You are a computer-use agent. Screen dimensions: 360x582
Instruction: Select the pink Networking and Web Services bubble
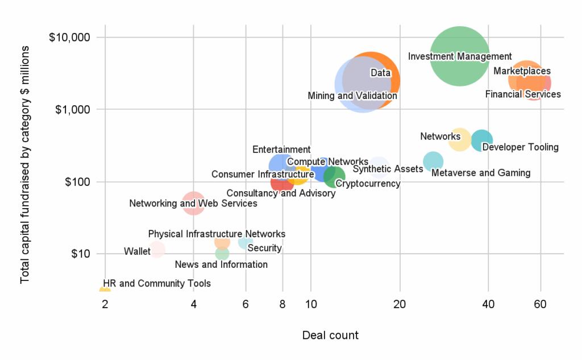pos(194,203)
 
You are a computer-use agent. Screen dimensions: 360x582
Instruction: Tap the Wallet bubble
pos(157,249)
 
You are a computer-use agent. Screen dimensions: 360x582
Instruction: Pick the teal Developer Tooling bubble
pos(482,140)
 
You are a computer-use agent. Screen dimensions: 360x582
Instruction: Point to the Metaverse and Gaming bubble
pos(433,162)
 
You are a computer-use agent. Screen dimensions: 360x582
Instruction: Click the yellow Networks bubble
pos(460,139)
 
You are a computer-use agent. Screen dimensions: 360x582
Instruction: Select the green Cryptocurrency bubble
pos(334,177)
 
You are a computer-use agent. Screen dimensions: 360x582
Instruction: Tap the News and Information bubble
pos(222,254)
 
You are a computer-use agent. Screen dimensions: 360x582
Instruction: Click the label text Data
pos(380,73)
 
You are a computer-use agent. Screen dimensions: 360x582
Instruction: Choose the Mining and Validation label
pos(352,96)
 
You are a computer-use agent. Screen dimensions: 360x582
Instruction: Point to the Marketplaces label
pos(522,71)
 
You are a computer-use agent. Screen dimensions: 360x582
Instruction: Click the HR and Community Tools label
pos(157,283)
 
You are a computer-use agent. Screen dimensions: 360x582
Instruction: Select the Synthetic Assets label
pos(388,169)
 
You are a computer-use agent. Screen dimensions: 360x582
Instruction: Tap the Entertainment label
pos(281,150)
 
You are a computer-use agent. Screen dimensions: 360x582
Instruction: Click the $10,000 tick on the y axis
pos(70,38)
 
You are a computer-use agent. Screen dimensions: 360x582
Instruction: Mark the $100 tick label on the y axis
pos(78,182)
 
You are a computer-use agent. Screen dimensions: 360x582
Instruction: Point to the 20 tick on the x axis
pos(400,304)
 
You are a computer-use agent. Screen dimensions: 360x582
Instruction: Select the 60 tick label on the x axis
pos(540,304)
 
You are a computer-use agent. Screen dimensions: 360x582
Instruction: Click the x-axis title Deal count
pos(330,336)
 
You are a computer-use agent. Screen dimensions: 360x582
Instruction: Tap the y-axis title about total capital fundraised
pos(25,165)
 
